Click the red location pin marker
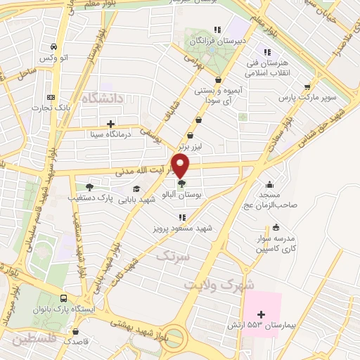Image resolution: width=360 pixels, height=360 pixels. pyautogui.click(x=182, y=167)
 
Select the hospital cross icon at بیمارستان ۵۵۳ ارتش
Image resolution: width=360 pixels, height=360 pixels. pyautogui.click(x=262, y=314)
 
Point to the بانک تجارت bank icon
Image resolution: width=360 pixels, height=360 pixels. pyautogui.click(x=50, y=97)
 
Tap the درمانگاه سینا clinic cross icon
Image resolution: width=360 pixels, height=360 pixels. pyautogui.click(x=110, y=124)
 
